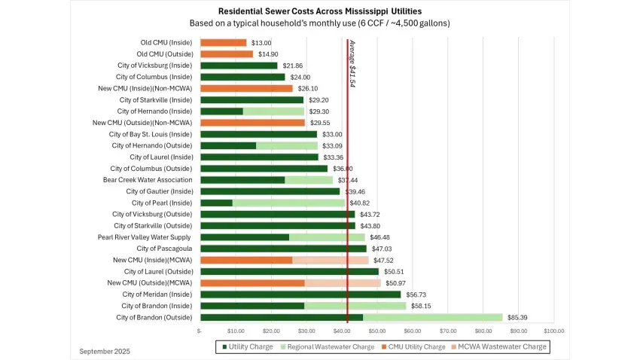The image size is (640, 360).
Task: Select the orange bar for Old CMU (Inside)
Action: point(223,43)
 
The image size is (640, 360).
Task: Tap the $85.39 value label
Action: point(518,317)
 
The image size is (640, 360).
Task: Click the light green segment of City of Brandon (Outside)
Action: point(432,317)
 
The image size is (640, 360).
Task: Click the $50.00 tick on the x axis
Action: point(376,331)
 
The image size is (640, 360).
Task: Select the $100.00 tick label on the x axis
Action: point(554,331)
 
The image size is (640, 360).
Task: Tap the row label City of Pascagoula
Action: point(164,249)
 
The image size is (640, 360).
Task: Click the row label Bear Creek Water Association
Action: point(148,180)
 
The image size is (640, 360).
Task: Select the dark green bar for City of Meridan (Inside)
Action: point(300,294)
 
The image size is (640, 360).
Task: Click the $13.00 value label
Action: point(261,43)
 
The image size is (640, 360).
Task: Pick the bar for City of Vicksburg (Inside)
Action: point(239,66)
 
